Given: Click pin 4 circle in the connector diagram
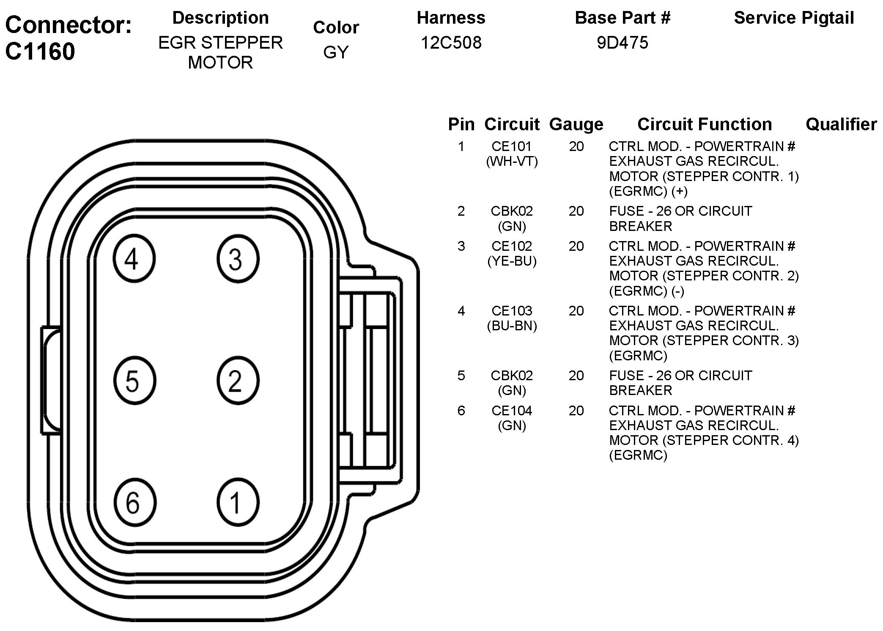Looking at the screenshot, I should coord(134,259).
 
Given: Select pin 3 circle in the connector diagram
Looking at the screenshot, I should coord(238,259).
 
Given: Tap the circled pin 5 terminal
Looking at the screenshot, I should coord(134,380).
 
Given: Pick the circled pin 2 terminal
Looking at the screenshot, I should coord(238,380).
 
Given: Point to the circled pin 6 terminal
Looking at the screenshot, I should coord(134,502).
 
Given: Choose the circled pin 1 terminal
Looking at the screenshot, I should coord(238,502).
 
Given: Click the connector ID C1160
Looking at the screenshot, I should coord(40,52).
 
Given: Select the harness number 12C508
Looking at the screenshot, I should coord(451,43).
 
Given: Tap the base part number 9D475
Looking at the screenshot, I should coord(622,43).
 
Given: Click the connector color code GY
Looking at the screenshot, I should coord(336,52).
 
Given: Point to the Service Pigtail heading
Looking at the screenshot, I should coord(794,18).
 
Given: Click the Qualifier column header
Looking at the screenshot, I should coord(841,124).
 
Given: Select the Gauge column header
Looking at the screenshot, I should coord(576,124).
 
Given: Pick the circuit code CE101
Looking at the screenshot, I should coord(512,146).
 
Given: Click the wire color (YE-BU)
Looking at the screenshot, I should coord(512,261).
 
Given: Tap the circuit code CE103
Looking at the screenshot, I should coord(512,311).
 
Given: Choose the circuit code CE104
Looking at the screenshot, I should coord(512,410).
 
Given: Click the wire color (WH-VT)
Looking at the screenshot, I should coord(512,161).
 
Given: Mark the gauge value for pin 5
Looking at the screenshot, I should coord(576,376).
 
